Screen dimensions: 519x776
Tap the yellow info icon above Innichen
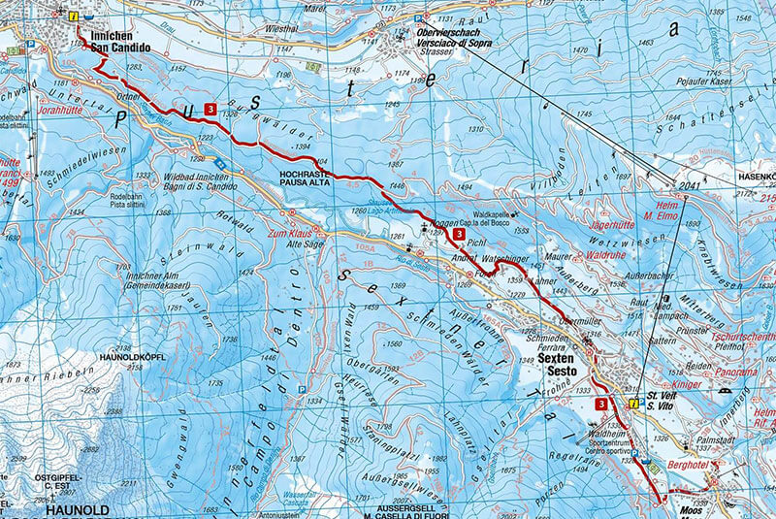[74, 16]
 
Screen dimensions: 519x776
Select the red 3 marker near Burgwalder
[210, 111]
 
